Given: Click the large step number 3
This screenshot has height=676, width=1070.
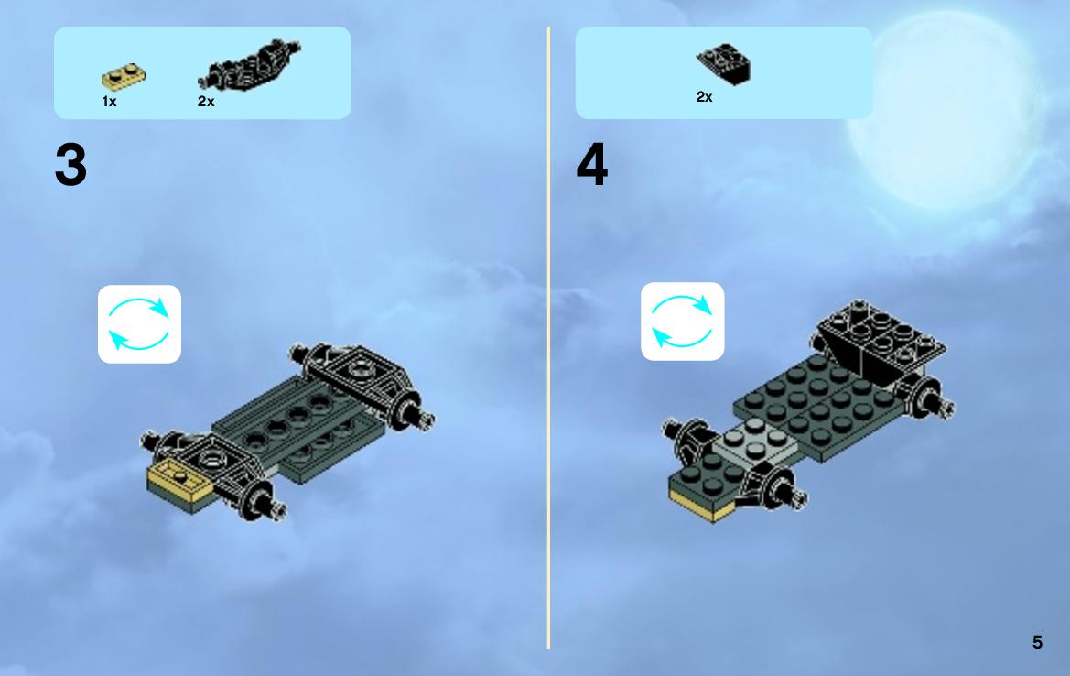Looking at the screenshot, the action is pyautogui.click(x=71, y=165).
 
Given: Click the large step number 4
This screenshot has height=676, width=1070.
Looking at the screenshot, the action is pyautogui.click(x=591, y=165).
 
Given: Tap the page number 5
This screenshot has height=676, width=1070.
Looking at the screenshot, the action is pyautogui.click(x=1037, y=642).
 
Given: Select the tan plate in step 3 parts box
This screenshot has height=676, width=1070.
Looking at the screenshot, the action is pyautogui.click(x=124, y=77).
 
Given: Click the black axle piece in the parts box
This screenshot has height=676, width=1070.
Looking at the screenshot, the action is pyautogui.click(x=249, y=66).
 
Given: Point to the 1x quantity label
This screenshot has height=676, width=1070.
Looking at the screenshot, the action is pyautogui.click(x=109, y=102).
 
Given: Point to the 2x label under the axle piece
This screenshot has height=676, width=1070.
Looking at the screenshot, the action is pyautogui.click(x=206, y=102).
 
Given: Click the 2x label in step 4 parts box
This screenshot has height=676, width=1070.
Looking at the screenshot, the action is pyautogui.click(x=704, y=97).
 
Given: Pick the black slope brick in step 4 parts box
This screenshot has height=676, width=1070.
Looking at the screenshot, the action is pyautogui.click(x=723, y=64).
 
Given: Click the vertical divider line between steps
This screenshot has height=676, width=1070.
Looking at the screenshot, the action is pyautogui.click(x=548, y=338).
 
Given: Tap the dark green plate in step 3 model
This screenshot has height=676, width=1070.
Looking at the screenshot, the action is pyautogui.click(x=300, y=427).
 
